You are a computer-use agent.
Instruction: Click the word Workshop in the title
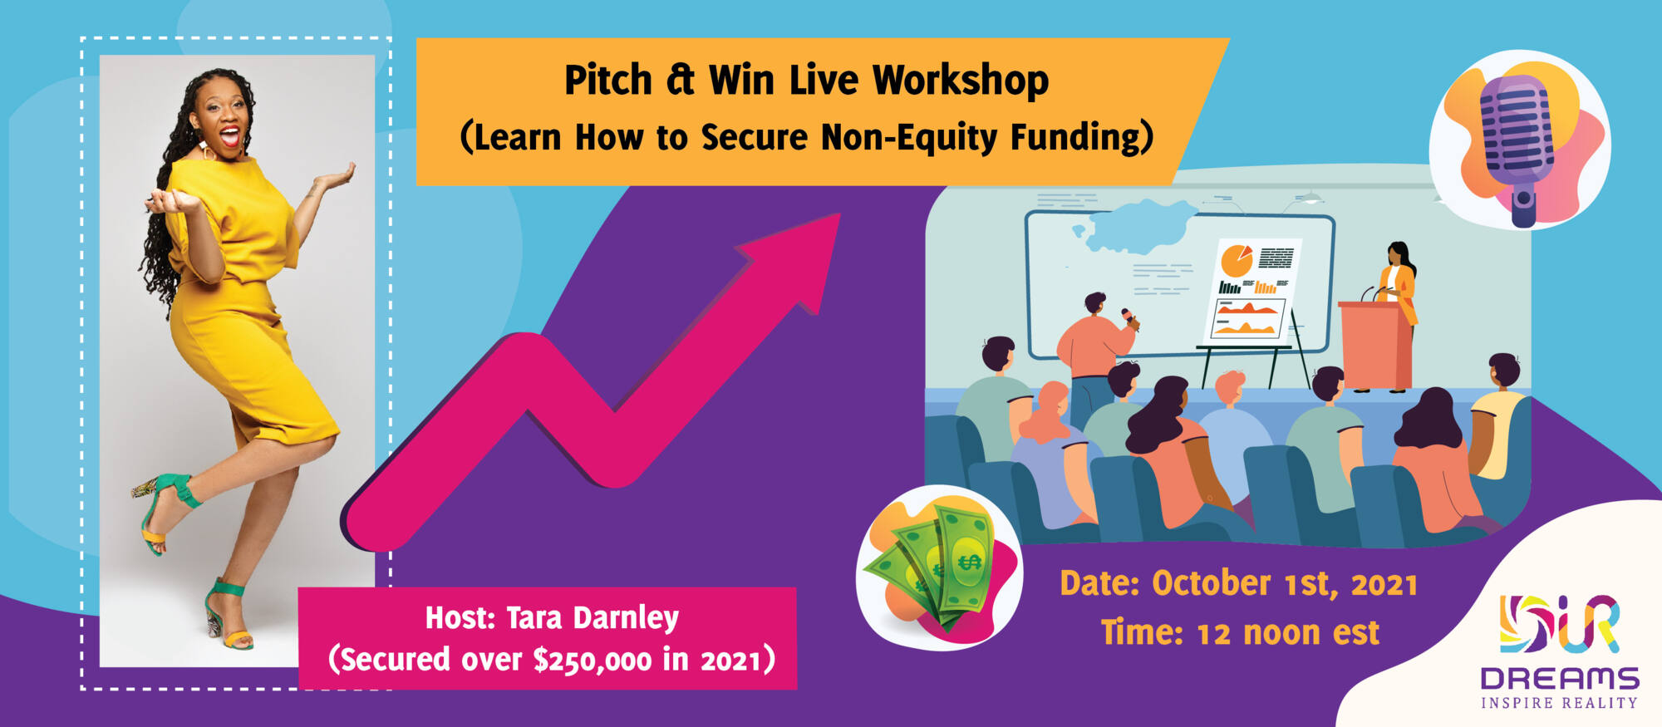click(961, 81)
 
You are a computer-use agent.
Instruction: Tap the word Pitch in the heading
click(608, 80)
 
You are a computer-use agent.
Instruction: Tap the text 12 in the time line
click(1213, 634)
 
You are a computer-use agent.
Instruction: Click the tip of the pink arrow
click(839, 214)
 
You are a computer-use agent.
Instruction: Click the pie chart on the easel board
click(1237, 259)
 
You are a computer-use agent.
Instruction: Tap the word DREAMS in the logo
click(1560, 679)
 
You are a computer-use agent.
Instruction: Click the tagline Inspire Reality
click(1559, 703)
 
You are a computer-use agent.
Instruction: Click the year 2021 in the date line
click(1384, 585)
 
